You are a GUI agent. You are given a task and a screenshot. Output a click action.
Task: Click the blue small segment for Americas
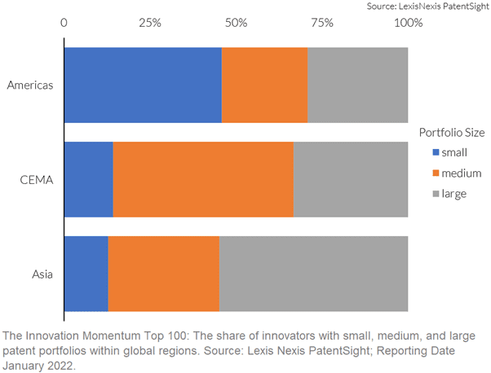(143, 85)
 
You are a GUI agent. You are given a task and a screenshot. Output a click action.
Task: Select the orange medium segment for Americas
(264, 85)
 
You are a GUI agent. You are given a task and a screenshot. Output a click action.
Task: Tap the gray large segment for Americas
(358, 85)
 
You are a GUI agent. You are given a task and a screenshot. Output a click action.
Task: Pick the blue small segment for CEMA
(89, 179)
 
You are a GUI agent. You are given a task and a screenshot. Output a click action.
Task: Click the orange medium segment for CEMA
(203, 179)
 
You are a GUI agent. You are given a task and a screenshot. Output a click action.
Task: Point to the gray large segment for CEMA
(351, 179)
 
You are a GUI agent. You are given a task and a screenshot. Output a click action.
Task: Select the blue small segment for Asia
(86, 274)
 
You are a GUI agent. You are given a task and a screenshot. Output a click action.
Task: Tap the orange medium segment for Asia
(164, 274)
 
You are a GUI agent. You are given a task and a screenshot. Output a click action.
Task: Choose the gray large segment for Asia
(314, 274)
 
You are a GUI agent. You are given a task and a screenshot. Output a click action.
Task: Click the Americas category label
(30, 86)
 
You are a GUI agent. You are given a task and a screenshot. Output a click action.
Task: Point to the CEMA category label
(37, 180)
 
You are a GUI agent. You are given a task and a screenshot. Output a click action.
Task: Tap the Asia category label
(42, 274)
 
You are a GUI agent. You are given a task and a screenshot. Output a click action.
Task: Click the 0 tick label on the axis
(64, 23)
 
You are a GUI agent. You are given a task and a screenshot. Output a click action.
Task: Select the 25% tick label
(150, 23)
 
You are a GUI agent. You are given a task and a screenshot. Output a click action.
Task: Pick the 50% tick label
(236, 23)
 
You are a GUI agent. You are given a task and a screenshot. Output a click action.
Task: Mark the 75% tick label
(322, 23)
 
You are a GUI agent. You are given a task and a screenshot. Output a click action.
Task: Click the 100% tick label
(409, 23)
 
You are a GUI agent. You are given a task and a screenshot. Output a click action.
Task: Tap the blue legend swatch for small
(436, 152)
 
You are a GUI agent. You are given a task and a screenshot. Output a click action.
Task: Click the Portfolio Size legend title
(452, 133)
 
